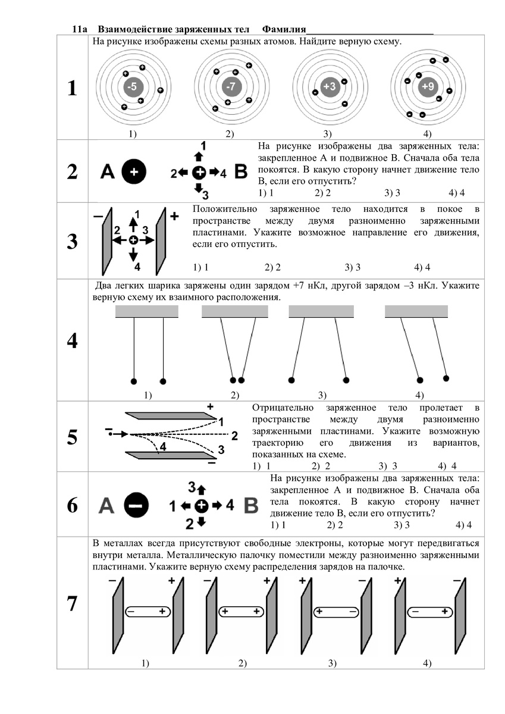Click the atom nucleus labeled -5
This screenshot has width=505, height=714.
tap(133, 87)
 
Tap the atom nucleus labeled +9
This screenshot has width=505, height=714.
tap(427, 87)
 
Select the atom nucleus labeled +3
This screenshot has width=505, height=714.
tap(329, 87)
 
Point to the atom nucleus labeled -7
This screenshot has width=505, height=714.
tap(231, 87)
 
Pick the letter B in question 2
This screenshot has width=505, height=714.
tap(241, 173)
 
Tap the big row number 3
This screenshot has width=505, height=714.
tap(72, 242)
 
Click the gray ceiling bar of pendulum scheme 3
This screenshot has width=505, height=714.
tap(321, 311)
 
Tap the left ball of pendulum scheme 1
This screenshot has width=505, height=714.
tap(134, 380)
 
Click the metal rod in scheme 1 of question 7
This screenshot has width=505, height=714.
tap(146, 611)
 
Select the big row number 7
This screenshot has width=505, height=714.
tap(72, 603)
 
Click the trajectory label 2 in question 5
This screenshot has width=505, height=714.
tap(234, 434)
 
